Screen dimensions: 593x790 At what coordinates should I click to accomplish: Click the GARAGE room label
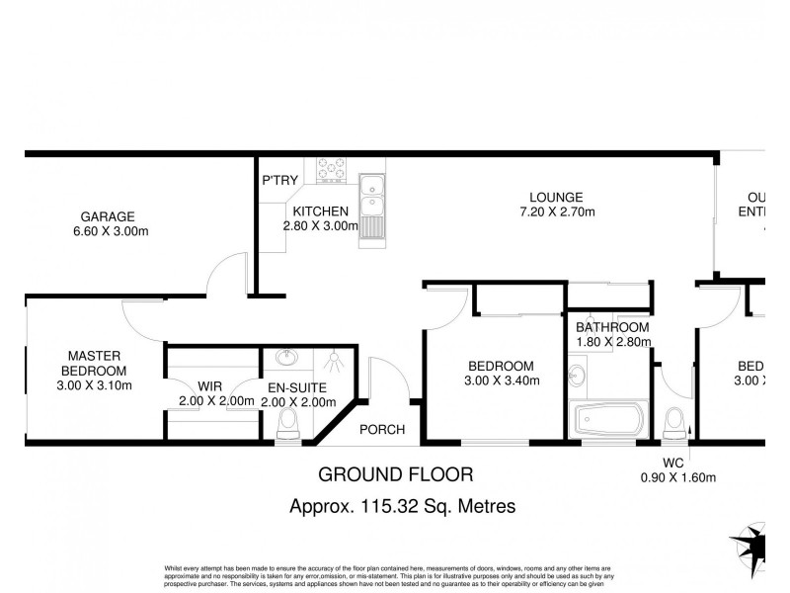(x=108, y=216)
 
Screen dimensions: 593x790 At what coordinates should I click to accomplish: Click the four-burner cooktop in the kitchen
(x=331, y=169)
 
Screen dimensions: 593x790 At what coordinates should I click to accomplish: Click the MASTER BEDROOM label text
(x=94, y=363)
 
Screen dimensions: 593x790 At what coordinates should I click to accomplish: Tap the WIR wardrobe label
(x=209, y=386)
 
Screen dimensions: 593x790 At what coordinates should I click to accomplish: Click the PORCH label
(x=380, y=429)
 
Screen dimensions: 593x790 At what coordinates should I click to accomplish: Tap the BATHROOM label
(x=612, y=327)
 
